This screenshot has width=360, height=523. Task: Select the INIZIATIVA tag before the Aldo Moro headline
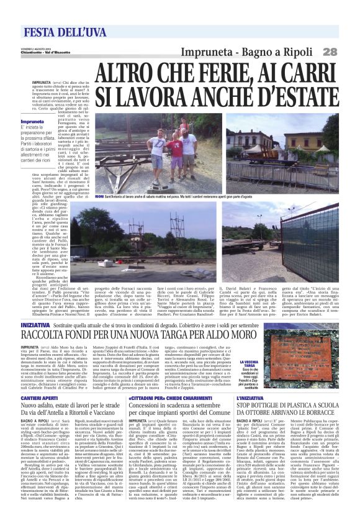tap(38, 325)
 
